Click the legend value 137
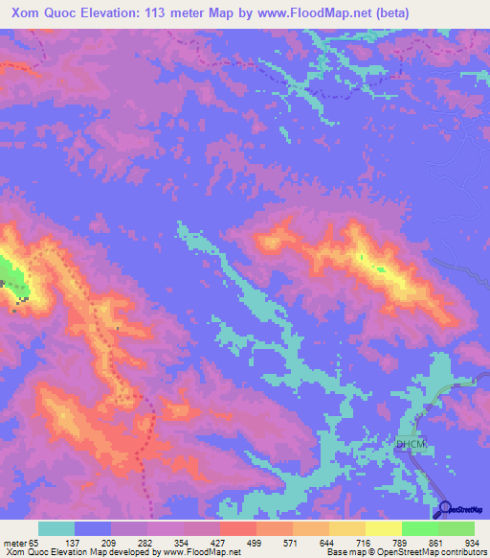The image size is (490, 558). pyautogui.click(x=94, y=542)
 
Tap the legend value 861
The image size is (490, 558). pyautogui.click(x=436, y=542)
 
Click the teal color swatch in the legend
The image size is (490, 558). pyautogui.click(x=57, y=528)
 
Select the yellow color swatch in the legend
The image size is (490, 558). pyautogui.click(x=383, y=528)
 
